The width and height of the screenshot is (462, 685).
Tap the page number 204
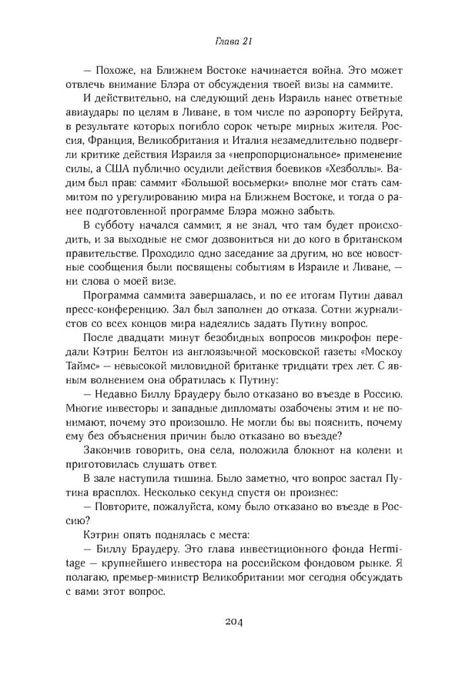230,621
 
